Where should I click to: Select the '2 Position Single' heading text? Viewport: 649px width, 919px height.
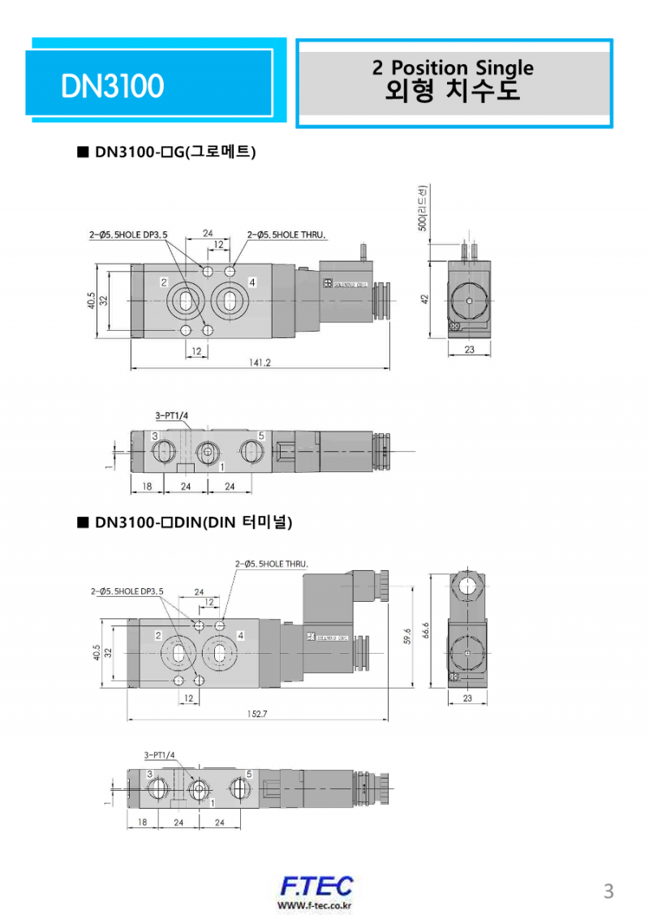tap(453, 67)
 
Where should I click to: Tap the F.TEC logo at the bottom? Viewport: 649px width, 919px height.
tap(316, 886)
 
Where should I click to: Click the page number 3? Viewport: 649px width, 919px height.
tap(608, 891)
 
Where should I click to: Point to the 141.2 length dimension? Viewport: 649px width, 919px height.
tap(260, 363)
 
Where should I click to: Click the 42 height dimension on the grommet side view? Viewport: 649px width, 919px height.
tap(424, 298)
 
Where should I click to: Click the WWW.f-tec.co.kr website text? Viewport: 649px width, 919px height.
tap(315, 905)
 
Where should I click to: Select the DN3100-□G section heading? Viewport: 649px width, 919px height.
tap(175, 152)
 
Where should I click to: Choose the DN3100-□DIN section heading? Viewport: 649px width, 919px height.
tap(192, 522)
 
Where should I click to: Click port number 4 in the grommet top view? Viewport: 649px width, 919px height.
tap(252, 282)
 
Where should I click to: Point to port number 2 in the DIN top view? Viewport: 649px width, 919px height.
tap(157, 634)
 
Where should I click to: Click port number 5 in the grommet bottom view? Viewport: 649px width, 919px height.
tap(260, 436)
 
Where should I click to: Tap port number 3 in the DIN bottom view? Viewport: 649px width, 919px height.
tap(149, 774)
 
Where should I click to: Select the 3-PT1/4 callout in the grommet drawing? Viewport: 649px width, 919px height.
tap(171, 416)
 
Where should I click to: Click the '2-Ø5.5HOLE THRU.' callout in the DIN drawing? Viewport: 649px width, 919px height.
tap(272, 563)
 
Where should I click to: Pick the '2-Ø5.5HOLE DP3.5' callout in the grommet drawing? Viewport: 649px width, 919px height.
tap(128, 235)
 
